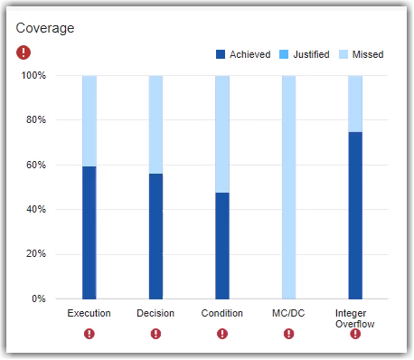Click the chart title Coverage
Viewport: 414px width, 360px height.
click(x=45, y=28)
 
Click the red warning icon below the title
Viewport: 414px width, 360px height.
click(x=23, y=52)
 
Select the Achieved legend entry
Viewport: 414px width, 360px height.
click(x=243, y=54)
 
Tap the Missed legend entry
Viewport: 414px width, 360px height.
click(x=362, y=54)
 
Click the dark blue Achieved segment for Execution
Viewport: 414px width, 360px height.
click(x=89, y=232)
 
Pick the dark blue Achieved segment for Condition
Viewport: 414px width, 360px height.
click(x=222, y=245)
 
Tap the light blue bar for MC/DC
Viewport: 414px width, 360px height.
click(x=288, y=187)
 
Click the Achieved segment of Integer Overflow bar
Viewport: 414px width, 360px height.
click(x=355, y=215)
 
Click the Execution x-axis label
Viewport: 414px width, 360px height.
click(x=89, y=314)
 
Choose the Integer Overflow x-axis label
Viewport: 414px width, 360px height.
click(x=355, y=318)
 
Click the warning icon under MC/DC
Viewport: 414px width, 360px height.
click(x=288, y=334)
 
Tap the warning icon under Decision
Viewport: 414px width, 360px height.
click(x=155, y=334)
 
